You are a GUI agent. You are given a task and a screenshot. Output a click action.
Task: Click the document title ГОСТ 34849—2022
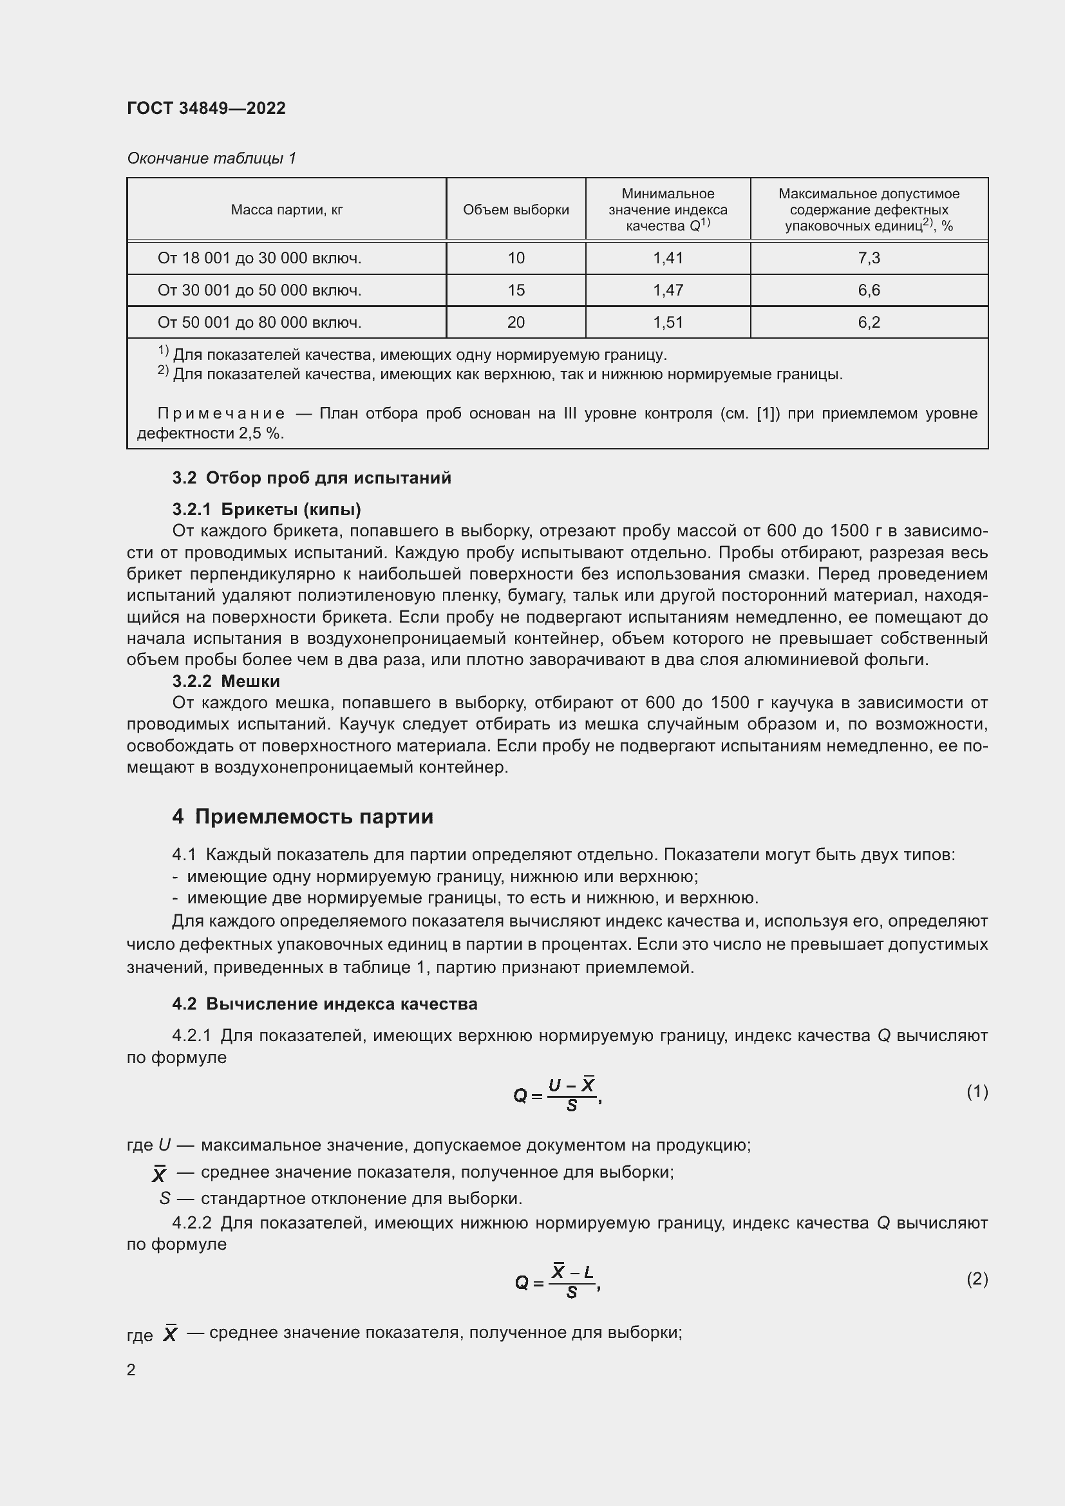tap(206, 108)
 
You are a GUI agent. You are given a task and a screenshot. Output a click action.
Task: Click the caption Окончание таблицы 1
tap(211, 158)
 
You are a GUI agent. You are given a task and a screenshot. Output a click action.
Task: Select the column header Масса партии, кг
tap(287, 210)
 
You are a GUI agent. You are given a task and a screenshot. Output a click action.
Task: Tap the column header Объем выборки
tap(516, 210)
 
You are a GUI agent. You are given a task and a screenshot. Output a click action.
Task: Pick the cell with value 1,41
tap(668, 258)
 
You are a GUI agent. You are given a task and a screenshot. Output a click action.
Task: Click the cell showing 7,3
tap(868, 258)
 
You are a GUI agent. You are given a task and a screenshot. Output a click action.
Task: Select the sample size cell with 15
tap(516, 290)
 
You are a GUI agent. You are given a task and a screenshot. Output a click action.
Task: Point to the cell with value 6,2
tap(868, 322)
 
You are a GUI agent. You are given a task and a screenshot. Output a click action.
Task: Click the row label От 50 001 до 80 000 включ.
tap(259, 322)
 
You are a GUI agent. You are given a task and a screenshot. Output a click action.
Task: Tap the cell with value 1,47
tap(668, 290)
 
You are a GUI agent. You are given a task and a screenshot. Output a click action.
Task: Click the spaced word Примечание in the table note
tap(221, 413)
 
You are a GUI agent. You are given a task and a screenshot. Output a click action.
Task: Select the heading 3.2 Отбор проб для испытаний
tap(312, 478)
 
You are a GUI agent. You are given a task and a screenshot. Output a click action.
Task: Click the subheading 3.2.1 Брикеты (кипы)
tap(267, 509)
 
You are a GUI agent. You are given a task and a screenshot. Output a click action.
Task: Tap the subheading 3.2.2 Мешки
tap(225, 681)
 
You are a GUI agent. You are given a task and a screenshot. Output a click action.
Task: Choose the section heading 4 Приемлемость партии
tap(303, 816)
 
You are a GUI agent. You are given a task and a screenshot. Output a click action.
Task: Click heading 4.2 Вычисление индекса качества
tap(325, 1004)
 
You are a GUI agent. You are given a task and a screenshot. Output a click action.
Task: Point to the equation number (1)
tap(977, 1091)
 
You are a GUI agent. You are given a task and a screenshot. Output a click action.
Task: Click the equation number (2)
tap(977, 1279)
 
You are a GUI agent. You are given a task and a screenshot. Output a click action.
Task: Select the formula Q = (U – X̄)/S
tap(558, 1094)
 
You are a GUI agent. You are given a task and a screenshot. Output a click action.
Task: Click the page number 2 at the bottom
tap(131, 1370)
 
